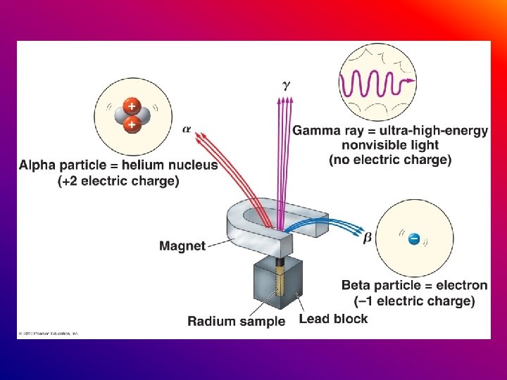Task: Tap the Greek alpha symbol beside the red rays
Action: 187,129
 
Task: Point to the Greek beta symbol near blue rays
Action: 367,238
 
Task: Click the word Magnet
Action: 182,246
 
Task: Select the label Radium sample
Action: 237,321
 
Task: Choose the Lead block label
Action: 333,319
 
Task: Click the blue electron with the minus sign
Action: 415,239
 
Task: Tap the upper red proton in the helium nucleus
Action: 131,106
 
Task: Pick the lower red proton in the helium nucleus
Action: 131,125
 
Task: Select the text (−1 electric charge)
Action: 414,301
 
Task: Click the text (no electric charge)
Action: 389,160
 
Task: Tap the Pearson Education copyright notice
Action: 49,333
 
